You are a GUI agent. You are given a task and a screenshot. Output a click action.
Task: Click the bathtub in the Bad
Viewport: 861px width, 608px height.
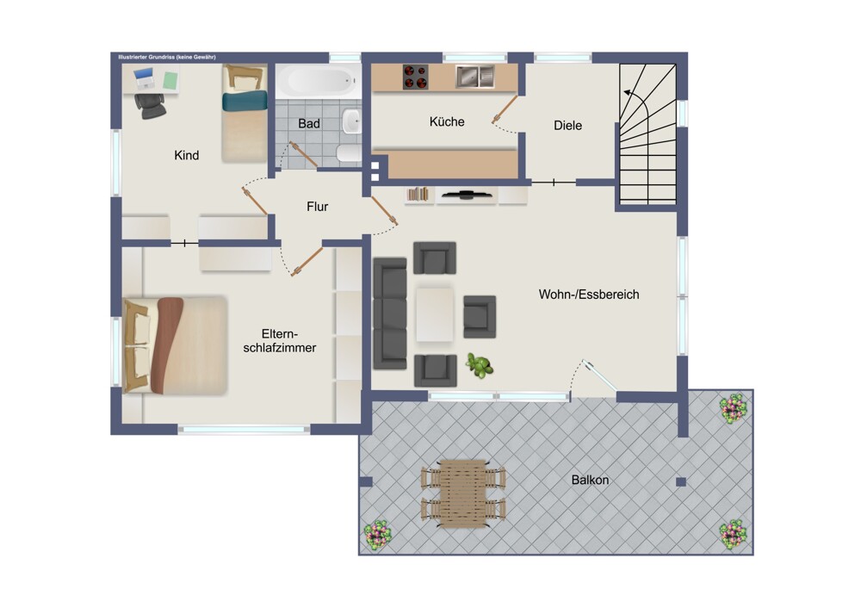319,81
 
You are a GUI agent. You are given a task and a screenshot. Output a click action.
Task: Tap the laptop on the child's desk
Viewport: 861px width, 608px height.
144,78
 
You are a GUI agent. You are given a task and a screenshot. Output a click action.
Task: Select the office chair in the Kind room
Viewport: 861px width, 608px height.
150,105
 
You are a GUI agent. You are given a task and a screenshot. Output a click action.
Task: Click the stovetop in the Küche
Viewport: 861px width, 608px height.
415,77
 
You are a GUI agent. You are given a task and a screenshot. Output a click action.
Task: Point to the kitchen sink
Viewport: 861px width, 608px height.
475,77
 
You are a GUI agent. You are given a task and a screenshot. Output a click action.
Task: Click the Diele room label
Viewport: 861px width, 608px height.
567,125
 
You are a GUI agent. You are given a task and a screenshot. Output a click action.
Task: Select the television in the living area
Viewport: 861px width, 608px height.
466,194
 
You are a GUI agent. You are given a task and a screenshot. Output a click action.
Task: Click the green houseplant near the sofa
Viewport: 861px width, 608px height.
480,365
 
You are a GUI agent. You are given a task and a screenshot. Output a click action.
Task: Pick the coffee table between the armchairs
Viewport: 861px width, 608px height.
435,314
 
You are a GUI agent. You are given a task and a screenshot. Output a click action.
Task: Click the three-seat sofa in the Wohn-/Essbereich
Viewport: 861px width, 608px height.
390,313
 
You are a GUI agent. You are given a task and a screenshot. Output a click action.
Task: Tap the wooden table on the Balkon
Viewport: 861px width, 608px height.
463,494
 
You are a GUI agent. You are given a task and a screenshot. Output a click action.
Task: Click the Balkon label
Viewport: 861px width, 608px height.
591,480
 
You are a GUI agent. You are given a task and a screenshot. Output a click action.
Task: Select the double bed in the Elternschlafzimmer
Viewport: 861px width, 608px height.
176,346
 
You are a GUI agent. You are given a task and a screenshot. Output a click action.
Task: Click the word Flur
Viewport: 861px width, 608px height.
318,207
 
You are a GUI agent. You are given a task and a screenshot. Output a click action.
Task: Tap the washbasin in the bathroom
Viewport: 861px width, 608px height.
351,121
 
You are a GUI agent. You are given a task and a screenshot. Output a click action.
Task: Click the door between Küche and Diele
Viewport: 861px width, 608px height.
505,109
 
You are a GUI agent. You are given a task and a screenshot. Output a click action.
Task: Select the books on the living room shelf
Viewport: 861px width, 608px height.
418,195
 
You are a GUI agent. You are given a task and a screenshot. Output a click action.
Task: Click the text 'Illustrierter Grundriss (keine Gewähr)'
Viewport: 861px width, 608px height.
168,57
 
